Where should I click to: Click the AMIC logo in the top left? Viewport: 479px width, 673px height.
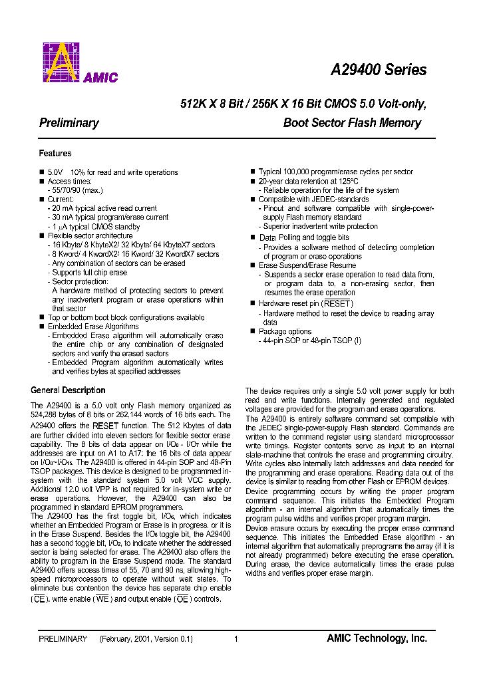(80, 63)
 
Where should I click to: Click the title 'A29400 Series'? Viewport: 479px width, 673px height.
(379, 70)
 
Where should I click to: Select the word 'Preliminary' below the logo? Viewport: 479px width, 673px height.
(69, 123)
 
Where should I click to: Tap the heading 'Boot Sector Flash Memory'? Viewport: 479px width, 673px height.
(352, 123)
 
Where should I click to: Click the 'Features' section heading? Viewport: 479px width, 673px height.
(55, 154)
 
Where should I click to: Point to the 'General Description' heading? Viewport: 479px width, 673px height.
(68, 390)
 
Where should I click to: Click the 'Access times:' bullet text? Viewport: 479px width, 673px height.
(70, 182)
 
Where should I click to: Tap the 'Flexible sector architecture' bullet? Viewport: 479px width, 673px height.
(90, 236)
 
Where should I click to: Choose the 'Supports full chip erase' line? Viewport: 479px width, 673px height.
(89, 273)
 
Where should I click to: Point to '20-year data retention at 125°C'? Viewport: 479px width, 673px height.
(308, 181)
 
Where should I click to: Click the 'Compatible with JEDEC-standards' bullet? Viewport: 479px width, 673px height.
(313, 200)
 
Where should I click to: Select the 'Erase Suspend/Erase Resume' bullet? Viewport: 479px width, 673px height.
(307, 265)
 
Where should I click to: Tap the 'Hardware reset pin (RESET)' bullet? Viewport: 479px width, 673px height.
(306, 304)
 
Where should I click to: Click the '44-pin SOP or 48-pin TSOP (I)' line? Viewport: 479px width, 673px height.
(310, 340)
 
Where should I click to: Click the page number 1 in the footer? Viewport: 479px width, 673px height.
(236, 639)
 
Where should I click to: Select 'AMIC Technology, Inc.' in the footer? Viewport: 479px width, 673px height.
(377, 638)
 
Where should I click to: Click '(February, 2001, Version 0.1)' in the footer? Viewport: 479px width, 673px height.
(146, 639)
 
